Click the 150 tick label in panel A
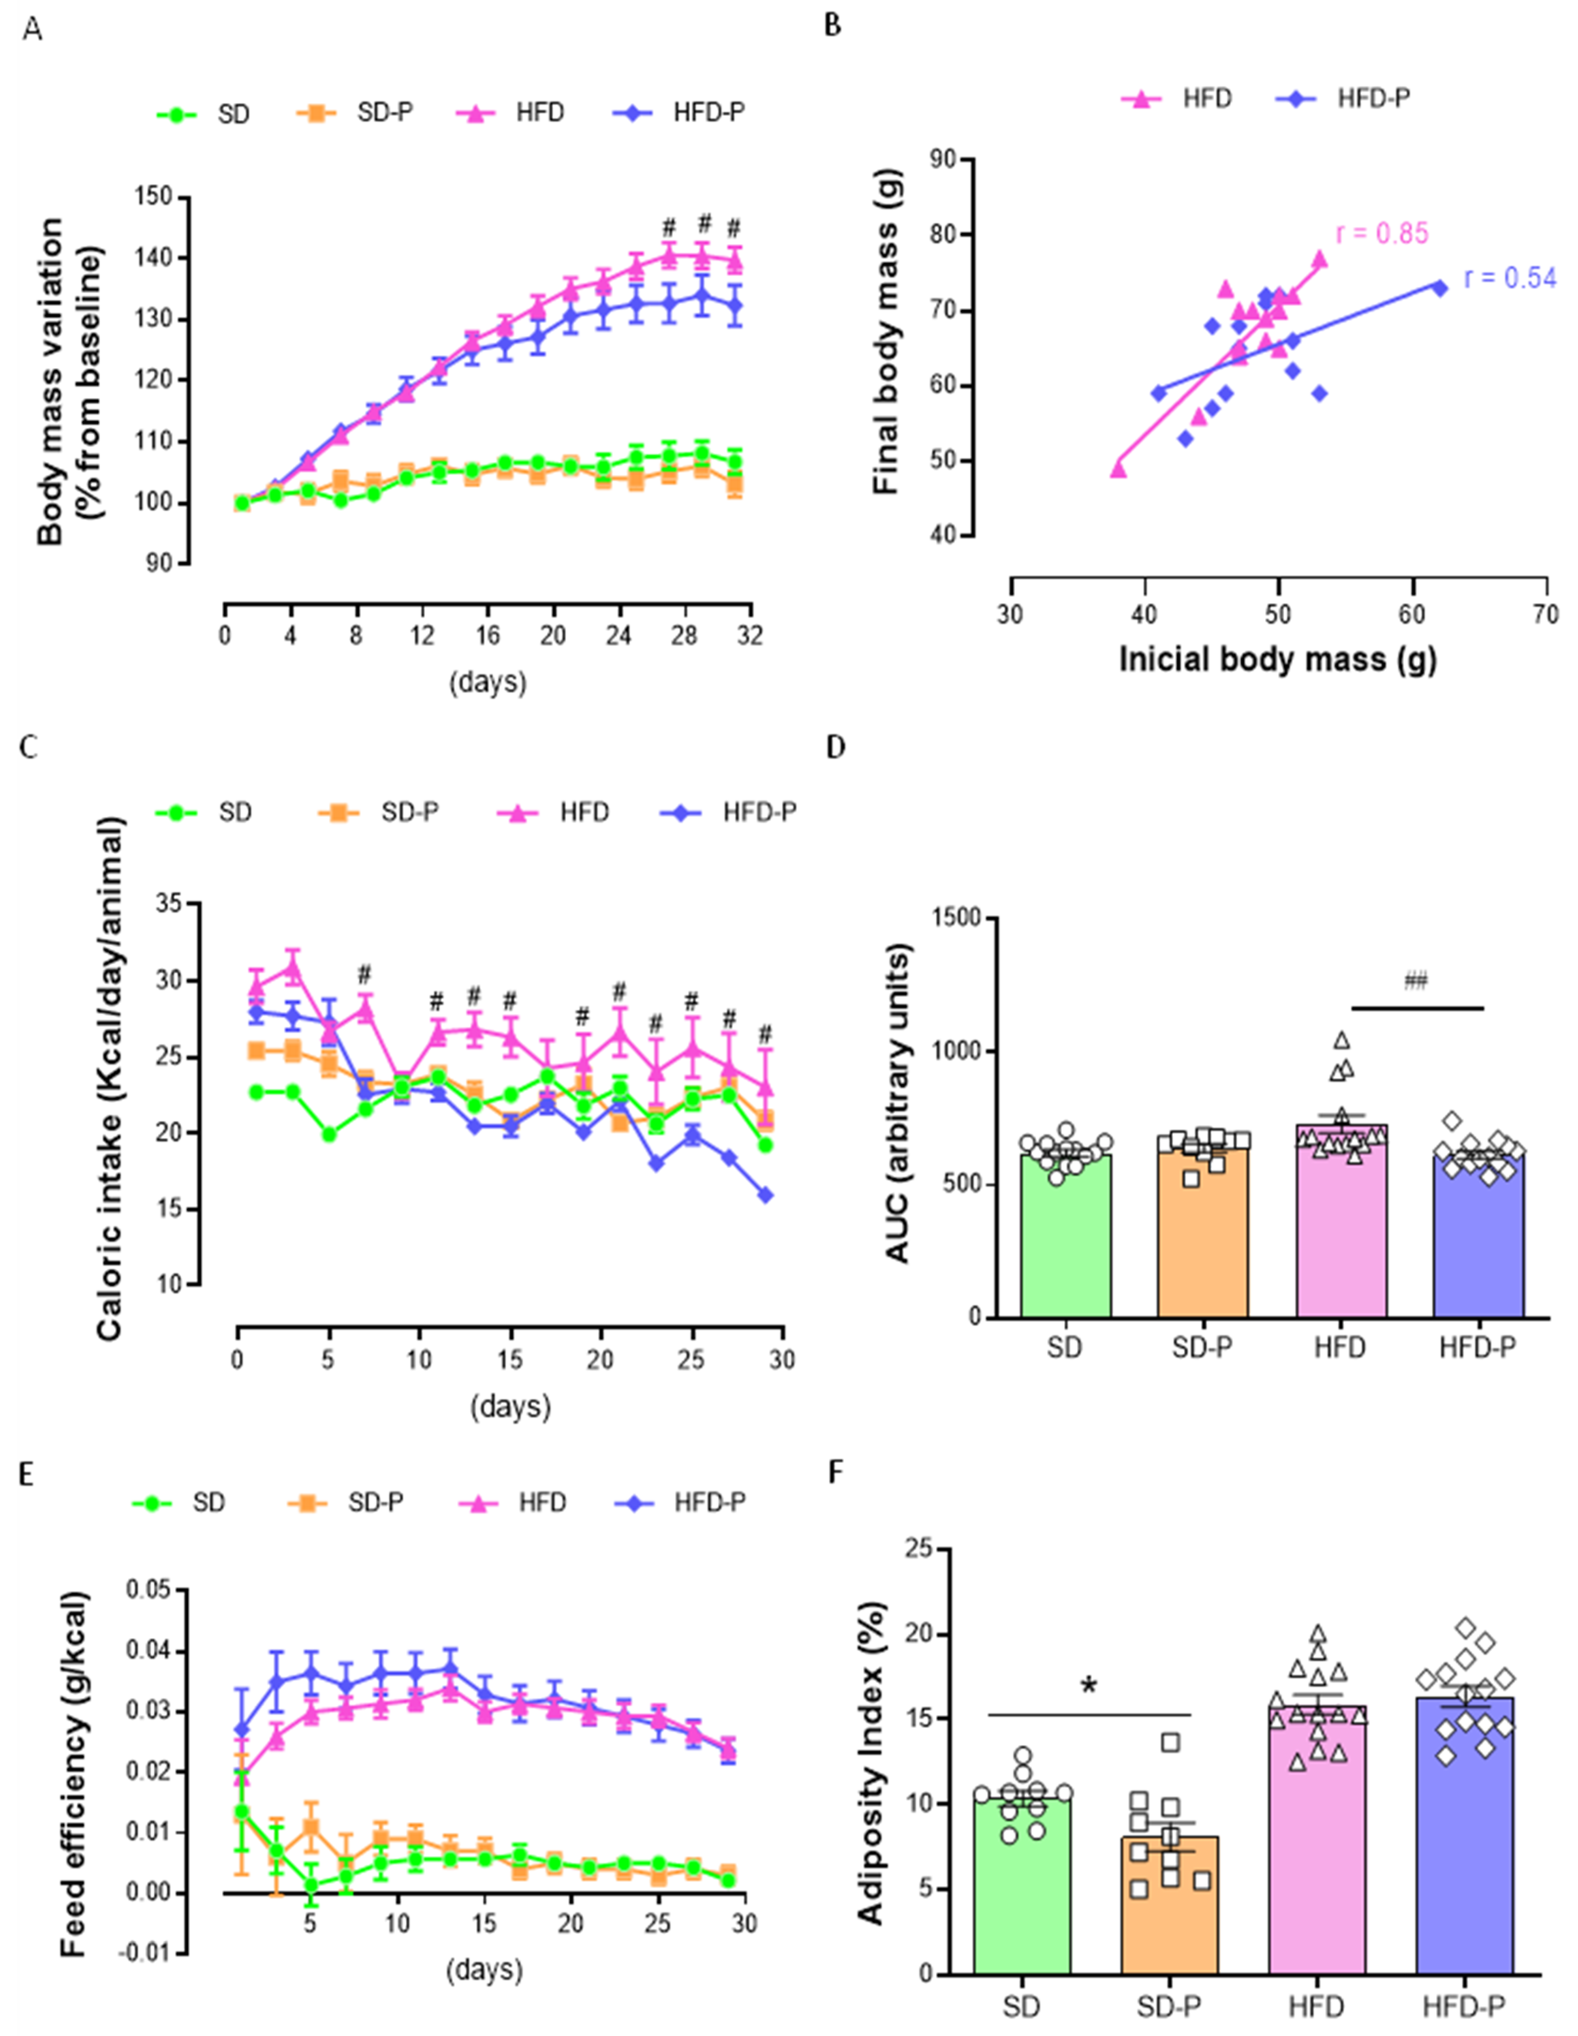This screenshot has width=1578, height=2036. click(154, 197)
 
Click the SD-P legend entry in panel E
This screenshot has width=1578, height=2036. click(344, 1503)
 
